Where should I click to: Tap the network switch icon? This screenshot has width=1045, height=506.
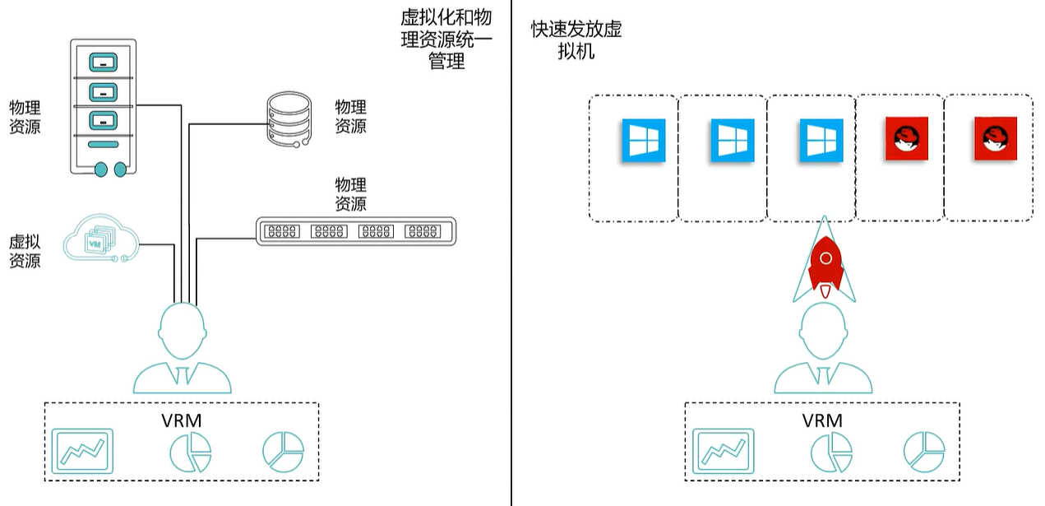355,231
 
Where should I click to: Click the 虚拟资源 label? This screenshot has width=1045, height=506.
25,251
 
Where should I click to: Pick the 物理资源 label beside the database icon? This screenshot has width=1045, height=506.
350,116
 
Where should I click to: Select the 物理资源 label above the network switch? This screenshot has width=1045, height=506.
350,194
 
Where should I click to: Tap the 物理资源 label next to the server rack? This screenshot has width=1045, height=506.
25,116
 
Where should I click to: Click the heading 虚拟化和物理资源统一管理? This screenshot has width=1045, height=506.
446,40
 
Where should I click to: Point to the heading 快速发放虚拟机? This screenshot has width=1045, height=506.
576,40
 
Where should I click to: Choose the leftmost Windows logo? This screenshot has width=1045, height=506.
644,140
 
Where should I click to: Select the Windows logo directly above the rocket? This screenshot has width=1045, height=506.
821,140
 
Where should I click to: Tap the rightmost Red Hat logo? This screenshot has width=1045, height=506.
996,138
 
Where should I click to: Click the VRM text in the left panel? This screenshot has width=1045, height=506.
182,420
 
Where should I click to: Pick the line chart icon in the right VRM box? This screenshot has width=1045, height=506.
723,451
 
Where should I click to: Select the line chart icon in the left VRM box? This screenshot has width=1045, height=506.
82,451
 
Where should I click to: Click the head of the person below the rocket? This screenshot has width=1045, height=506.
821,329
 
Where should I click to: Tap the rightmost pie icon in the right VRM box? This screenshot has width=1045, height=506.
924,451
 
